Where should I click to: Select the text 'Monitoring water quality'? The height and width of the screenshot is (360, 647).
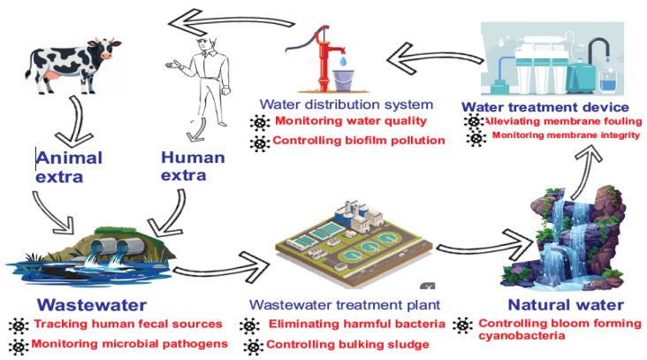[x=338, y=122]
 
